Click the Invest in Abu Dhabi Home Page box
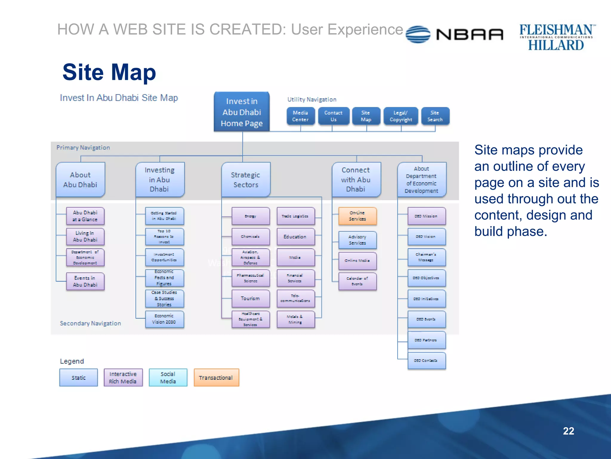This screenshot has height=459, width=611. tap(242, 112)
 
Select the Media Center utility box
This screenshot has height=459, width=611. tap(300, 116)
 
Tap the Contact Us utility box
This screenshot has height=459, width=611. tap(333, 116)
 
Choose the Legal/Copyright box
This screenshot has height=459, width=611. tap(401, 116)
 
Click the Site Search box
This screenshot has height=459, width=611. tap(435, 116)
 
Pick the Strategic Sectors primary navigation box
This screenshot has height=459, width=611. tap(246, 180)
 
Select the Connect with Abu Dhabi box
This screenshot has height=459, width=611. tap(356, 180)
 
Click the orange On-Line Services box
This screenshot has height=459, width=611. tap(357, 216)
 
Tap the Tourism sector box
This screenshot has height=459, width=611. tap(251, 298)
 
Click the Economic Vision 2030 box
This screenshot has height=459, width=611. tap(164, 319)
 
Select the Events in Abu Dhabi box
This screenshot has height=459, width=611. tap(85, 281)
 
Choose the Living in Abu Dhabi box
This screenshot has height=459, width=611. tap(85, 236)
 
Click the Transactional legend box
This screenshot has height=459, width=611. tap(216, 377)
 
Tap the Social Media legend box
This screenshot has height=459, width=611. tap(168, 377)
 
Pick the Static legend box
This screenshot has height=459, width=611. tap(78, 377)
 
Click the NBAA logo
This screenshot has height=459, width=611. tap(455, 34)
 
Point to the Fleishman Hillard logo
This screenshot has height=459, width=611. tap(556, 37)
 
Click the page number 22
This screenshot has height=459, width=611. tap(568, 431)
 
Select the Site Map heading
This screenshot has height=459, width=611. tap(109, 72)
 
